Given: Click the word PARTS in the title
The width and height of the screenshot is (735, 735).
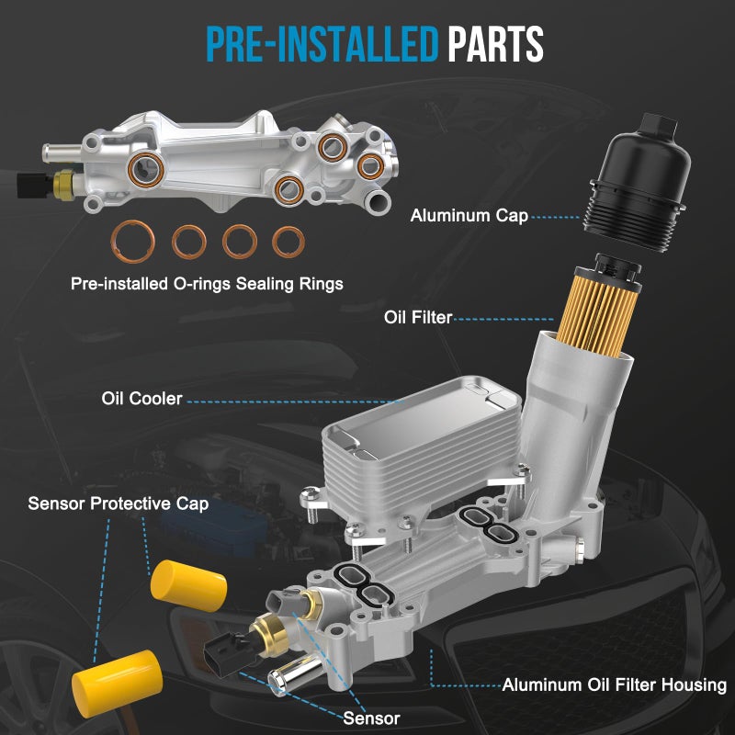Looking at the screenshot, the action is click(x=495, y=43).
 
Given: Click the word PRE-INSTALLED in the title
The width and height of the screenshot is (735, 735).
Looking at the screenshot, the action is click(x=322, y=43).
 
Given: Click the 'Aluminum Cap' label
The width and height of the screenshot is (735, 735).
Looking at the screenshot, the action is click(x=469, y=216).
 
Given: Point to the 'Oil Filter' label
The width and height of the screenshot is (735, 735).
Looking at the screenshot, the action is click(x=418, y=317).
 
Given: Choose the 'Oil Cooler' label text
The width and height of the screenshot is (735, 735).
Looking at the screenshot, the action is click(x=141, y=399).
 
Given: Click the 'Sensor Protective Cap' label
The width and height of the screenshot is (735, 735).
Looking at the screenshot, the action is click(x=119, y=503).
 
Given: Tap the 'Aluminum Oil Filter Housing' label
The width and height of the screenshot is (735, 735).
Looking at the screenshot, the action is click(x=614, y=684).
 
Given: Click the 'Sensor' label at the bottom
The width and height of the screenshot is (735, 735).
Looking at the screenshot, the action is click(x=371, y=718).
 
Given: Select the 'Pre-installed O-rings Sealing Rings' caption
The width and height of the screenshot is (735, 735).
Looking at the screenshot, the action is click(x=207, y=284).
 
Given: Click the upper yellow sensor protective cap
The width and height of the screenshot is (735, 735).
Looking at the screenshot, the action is click(x=189, y=585).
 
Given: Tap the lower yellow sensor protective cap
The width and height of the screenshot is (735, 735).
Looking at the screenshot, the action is click(x=118, y=684).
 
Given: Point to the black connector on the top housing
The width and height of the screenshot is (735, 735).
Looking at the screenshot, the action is click(x=32, y=185).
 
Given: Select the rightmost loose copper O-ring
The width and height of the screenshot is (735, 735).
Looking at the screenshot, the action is click(x=288, y=242).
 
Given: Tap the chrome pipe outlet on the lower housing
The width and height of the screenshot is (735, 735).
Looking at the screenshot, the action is click(x=294, y=673).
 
